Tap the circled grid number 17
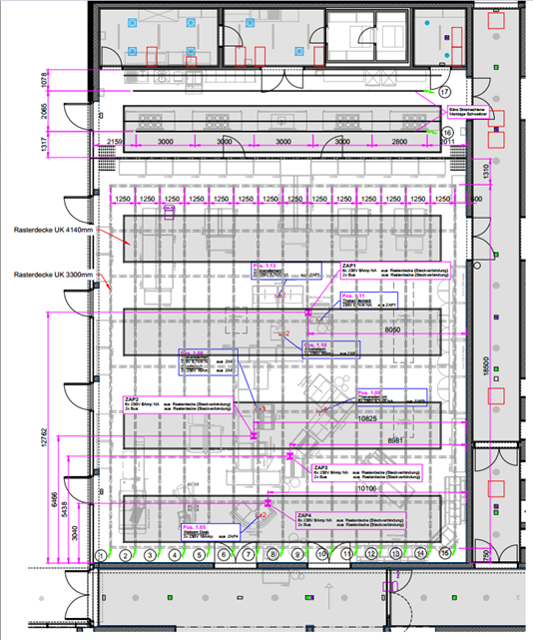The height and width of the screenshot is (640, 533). (x=446, y=92)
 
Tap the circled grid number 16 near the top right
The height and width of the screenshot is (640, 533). (x=447, y=132)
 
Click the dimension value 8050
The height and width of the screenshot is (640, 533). (x=396, y=328)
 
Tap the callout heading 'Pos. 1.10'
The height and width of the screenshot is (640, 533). (x=318, y=343)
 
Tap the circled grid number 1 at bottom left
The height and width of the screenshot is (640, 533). (x=100, y=554)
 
